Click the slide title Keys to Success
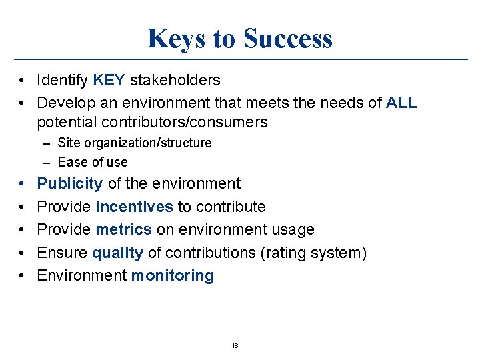(x=239, y=39)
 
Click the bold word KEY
(x=109, y=81)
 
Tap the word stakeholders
(x=175, y=81)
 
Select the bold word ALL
(x=401, y=103)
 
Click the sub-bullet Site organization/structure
(x=135, y=143)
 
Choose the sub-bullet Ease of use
(x=93, y=162)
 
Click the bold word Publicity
(x=70, y=183)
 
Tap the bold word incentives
(x=134, y=207)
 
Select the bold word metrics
(x=124, y=229)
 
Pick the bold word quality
(x=117, y=253)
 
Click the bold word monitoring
(x=173, y=276)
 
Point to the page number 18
(x=235, y=346)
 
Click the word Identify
(x=63, y=81)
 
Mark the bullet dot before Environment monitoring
(x=23, y=276)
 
